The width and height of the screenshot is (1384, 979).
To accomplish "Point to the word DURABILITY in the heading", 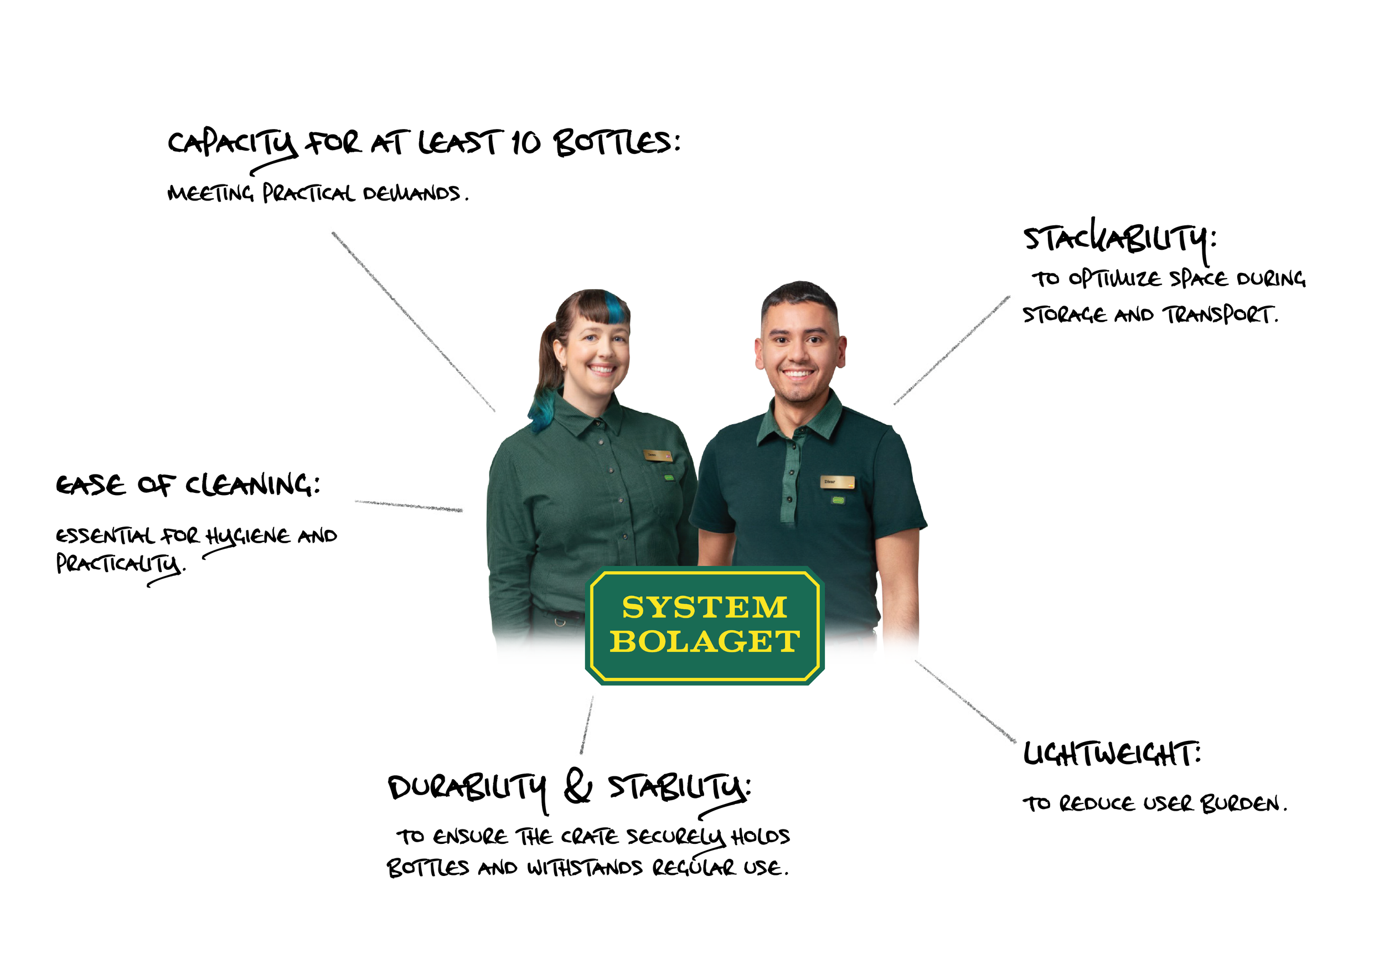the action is (467, 788).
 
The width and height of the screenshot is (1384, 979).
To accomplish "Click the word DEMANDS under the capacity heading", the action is (411, 193).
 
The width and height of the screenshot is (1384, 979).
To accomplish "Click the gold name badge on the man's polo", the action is (836, 482).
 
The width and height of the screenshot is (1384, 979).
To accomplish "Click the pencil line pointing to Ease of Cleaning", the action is (409, 505).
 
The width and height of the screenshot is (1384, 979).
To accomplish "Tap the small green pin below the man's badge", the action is (838, 500).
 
